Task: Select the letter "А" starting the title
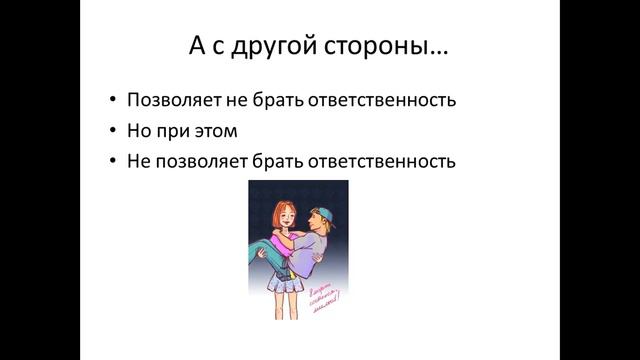point(197,47)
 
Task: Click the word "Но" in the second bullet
point(139,130)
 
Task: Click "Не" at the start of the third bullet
point(138,160)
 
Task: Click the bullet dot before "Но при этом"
point(113,131)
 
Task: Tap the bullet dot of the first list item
point(113,101)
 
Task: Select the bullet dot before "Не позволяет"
point(113,161)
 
